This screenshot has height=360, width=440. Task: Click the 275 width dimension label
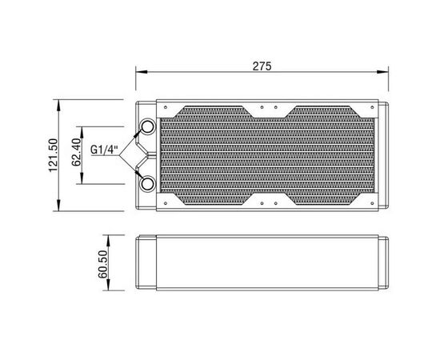262,66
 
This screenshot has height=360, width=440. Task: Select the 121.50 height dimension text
53,155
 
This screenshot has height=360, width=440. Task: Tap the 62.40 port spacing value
76,152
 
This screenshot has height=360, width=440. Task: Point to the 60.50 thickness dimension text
102,264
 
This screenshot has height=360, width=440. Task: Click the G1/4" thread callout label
104,150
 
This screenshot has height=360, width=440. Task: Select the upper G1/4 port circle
147,127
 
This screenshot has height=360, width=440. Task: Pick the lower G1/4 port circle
147,184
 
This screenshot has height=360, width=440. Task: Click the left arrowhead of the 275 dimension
142,72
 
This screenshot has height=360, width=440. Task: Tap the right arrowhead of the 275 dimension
382,72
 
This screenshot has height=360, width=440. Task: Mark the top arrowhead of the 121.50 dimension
58,106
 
